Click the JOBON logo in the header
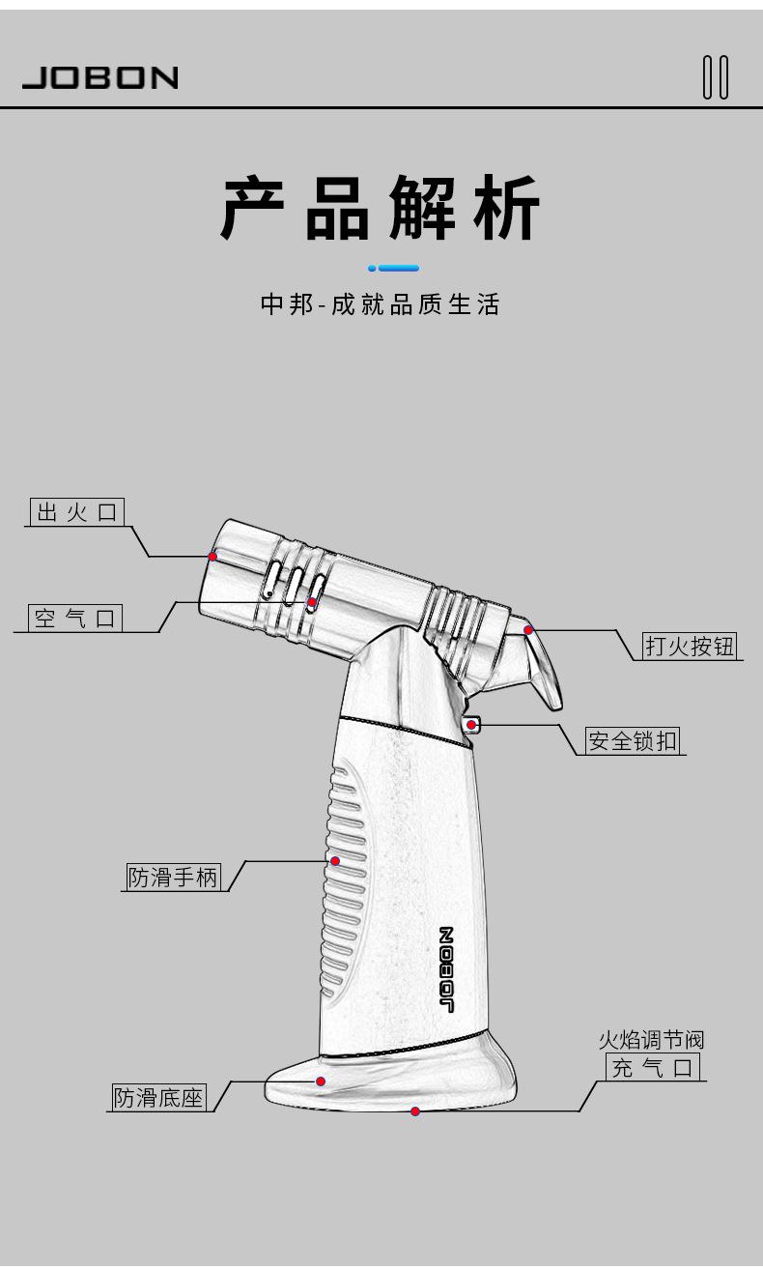pyautogui.click(x=100, y=77)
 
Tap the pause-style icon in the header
pyautogui.click(x=716, y=77)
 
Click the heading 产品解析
pyautogui.click(x=381, y=207)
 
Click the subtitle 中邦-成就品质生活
pyautogui.click(x=381, y=305)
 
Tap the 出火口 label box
pyautogui.click(x=77, y=512)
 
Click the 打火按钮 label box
pyautogui.click(x=690, y=646)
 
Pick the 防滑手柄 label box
pyautogui.click(x=174, y=877)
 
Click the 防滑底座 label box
pyautogui.click(x=159, y=1097)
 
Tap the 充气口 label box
pyautogui.click(x=653, y=1067)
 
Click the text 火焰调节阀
pyautogui.click(x=651, y=1040)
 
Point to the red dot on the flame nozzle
pyautogui.click(x=212, y=556)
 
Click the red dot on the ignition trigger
pyautogui.click(x=528, y=630)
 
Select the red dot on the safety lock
pyautogui.click(x=470, y=724)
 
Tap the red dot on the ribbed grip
pyautogui.click(x=335, y=860)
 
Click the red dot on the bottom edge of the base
pyautogui.click(x=415, y=1111)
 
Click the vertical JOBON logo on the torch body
pyautogui.click(x=446, y=969)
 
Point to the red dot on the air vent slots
pyautogui.click(x=311, y=603)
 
